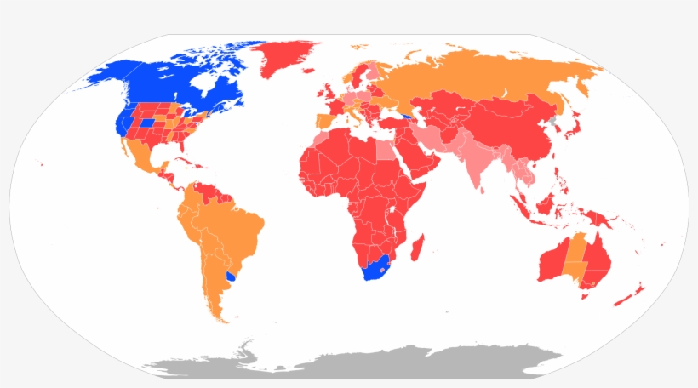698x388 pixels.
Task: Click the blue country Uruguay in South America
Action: pyautogui.click(x=231, y=277)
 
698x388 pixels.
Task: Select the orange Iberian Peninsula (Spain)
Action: pyautogui.click(x=323, y=120)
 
